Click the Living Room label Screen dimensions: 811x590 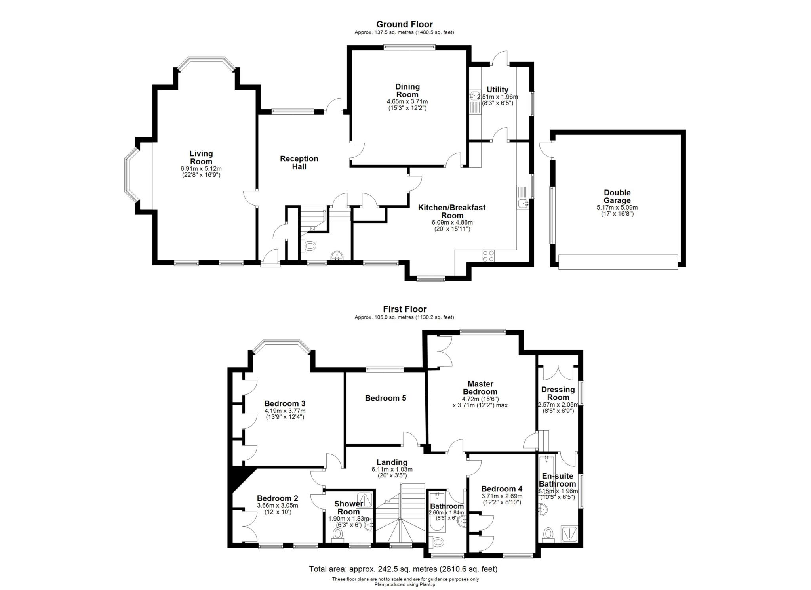pos(201,157)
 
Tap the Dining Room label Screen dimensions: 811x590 pos(407,90)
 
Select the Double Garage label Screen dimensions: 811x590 pos(617,197)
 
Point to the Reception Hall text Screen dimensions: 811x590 pos(299,162)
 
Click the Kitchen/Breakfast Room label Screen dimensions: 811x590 pos(452,211)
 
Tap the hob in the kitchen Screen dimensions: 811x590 pos(488,256)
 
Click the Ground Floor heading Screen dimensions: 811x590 pos(404,25)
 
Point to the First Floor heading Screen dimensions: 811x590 pos(405,309)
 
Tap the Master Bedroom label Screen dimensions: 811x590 pos(480,388)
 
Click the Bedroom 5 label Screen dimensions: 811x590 pos(385,398)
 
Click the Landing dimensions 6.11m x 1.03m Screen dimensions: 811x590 pos(392,469)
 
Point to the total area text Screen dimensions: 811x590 pos(403,569)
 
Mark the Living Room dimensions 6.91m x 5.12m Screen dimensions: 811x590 pos(201,168)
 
